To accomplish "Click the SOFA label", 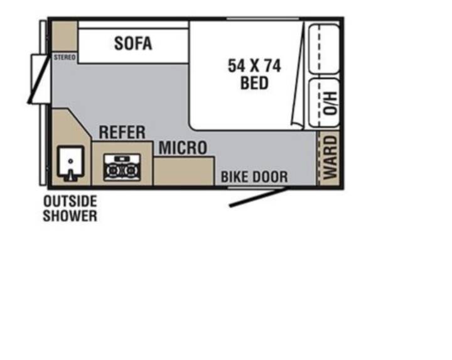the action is [x=133, y=43].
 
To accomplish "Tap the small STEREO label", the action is [x=65, y=57].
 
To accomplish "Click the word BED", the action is [x=254, y=83].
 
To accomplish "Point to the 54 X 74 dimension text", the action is [x=254, y=66].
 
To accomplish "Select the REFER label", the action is [x=122, y=133].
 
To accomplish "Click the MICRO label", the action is [x=183, y=148].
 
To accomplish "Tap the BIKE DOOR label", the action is [x=254, y=177].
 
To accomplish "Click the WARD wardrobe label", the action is [x=330, y=158].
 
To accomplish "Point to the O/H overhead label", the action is [x=330, y=103].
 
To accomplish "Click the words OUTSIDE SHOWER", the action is [x=70, y=208].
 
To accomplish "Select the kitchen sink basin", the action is [x=70, y=161].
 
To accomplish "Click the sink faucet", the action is [x=70, y=175].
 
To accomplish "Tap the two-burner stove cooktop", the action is [x=122, y=168].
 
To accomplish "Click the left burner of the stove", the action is [x=112, y=171].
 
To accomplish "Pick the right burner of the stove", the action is [x=131, y=171].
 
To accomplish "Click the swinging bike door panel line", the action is [x=259, y=197].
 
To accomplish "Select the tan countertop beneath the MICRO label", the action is [x=184, y=171].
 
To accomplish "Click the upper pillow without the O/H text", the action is [x=324, y=49].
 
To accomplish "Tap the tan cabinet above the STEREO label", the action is [x=65, y=36].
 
